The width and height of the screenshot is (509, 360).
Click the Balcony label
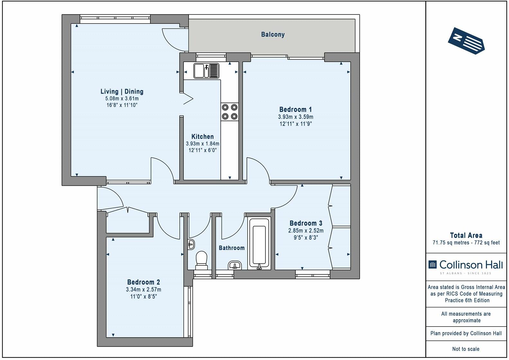[273, 34]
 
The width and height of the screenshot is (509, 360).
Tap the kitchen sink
[206, 71]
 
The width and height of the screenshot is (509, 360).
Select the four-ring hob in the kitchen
[229, 112]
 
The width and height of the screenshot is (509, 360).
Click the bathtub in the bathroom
[259, 243]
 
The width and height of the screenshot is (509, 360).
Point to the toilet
[201, 260]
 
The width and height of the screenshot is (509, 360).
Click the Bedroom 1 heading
[295, 110]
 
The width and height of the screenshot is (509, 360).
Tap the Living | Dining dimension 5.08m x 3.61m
[122, 99]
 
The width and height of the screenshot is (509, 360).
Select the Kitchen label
[202, 137]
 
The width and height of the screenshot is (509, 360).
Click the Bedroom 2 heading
[144, 282]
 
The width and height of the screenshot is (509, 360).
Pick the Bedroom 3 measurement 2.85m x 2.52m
[306, 231]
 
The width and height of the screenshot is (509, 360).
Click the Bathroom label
[232, 248]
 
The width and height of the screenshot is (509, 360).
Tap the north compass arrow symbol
[466, 41]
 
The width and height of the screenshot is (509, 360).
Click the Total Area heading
[466, 235]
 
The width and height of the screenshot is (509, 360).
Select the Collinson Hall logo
[466, 266]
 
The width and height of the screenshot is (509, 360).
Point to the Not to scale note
[466, 349]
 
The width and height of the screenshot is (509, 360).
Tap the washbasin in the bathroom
[235, 265]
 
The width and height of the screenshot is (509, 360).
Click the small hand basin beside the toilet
[191, 245]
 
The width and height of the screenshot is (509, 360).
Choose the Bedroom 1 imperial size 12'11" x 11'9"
[295, 124]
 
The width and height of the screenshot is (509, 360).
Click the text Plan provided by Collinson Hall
[466, 333]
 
